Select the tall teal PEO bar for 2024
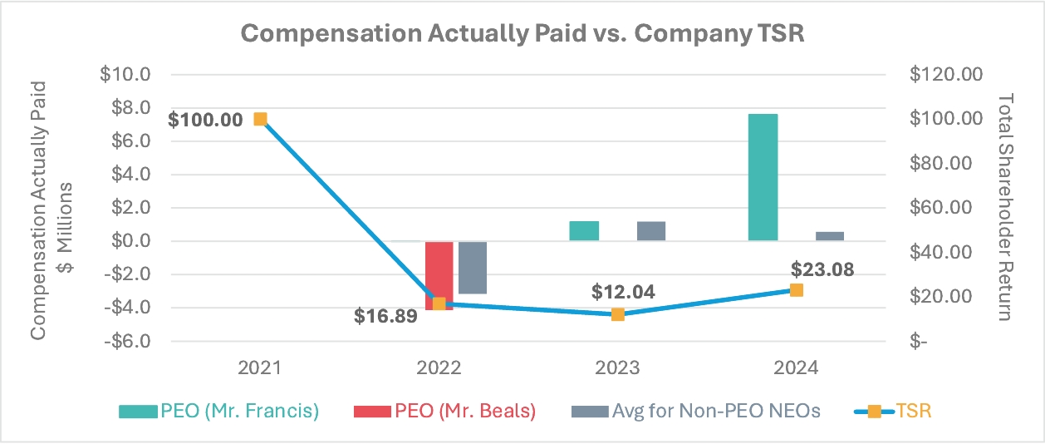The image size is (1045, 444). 763,177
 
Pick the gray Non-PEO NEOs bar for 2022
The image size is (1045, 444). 472,267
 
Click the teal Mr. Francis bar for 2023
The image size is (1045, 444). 584,231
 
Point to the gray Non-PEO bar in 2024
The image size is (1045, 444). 829,236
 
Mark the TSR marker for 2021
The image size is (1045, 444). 260,119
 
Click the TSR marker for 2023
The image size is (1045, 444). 617,314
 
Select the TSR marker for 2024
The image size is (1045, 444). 796,290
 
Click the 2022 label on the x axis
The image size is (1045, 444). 439,368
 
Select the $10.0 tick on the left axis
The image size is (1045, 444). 126,75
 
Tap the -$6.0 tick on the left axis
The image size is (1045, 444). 126,341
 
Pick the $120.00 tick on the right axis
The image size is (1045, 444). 946,75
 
